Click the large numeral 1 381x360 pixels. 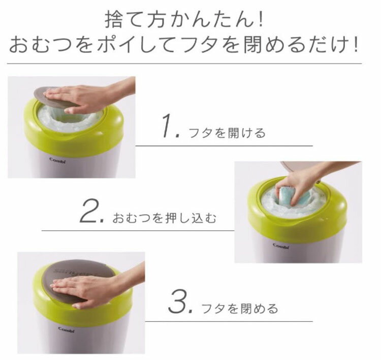pos(168,126)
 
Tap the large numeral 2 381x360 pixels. pos(88,211)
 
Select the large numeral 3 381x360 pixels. pos(177,302)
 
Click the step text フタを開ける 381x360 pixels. pos(227,133)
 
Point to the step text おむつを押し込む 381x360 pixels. pos(164,218)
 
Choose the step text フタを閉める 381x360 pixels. pos(240,308)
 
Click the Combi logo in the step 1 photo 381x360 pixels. pos(57,160)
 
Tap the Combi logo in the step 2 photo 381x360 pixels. pos(281,246)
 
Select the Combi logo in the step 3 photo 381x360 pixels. pos(67,329)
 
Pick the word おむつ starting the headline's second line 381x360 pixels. pos(50,44)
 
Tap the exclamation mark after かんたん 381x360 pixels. pos(261,19)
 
